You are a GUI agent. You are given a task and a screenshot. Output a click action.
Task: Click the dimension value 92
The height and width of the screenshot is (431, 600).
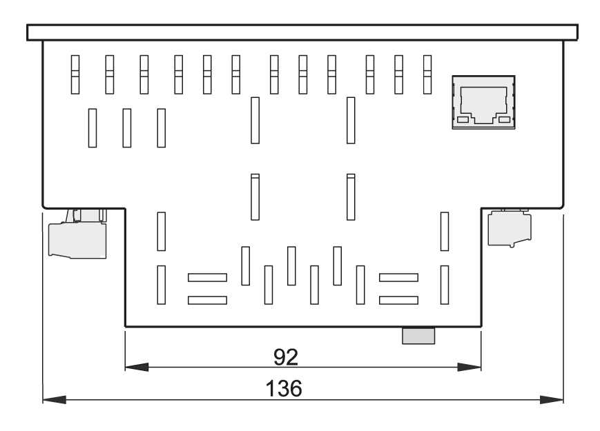pyautogui.click(x=285, y=357)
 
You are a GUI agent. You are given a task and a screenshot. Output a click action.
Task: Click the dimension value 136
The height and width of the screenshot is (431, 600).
pyautogui.click(x=284, y=388)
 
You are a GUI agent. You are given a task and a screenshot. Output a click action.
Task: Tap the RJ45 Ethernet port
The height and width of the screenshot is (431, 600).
pyautogui.click(x=483, y=102)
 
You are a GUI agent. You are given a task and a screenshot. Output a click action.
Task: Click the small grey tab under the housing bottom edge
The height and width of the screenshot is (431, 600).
pyautogui.click(x=418, y=336)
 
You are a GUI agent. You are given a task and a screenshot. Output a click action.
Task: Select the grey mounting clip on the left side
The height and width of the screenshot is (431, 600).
pyautogui.click(x=78, y=234)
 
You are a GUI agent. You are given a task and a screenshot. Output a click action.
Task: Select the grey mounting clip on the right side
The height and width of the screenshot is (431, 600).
pyautogui.click(x=510, y=228)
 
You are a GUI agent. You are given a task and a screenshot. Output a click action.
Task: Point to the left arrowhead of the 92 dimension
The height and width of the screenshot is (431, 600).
pyautogui.click(x=137, y=367)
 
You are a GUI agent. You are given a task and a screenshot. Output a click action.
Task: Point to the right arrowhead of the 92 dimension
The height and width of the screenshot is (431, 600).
pyautogui.click(x=470, y=367)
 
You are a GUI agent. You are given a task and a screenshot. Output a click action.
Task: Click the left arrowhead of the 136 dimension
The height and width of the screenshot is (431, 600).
pyautogui.click(x=55, y=400)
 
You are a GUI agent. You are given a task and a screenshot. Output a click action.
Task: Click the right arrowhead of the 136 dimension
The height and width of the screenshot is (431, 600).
pyautogui.click(x=552, y=400)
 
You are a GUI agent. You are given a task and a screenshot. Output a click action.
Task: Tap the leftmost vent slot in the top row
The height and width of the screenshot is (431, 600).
pyautogui.click(x=75, y=74)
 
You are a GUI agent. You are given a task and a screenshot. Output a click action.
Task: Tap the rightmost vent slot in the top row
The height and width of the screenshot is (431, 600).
pyautogui.click(x=427, y=74)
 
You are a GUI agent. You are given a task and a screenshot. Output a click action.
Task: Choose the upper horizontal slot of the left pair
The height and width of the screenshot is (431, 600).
pyautogui.click(x=207, y=277)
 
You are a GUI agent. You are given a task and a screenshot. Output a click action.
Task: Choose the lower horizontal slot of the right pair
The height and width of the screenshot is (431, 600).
pyautogui.click(x=398, y=301)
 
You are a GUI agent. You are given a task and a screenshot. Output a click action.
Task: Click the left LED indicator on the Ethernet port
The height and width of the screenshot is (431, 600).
pyautogui.click(x=463, y=119)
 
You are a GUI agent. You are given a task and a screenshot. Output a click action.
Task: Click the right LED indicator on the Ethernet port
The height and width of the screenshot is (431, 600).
pyautogui.click(x=504, y=119)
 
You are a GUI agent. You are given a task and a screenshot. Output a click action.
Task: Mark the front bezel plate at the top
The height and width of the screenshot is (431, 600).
pyautogui.click(x=302, y=32)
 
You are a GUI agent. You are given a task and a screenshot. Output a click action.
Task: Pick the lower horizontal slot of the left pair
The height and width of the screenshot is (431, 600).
pyautogui.click(x=207, y=301)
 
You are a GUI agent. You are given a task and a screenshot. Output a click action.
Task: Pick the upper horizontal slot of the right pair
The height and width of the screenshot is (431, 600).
pyautogui.click(x=398, y=277)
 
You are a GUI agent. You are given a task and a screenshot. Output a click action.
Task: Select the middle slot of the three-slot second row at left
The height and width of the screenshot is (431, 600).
pyautogui.click(x=126, y=128)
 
